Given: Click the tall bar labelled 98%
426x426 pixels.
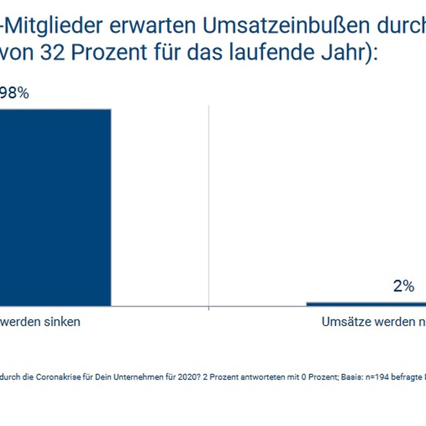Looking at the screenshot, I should coord(55,208).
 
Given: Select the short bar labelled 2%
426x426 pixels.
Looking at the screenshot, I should coord(366,304).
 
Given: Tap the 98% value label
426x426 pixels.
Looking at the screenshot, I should coord(14,93).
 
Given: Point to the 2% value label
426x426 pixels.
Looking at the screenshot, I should coord(404,286).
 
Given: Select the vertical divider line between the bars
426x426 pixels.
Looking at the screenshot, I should coord(208,206).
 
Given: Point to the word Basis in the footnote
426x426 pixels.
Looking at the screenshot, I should coord(349,377).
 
